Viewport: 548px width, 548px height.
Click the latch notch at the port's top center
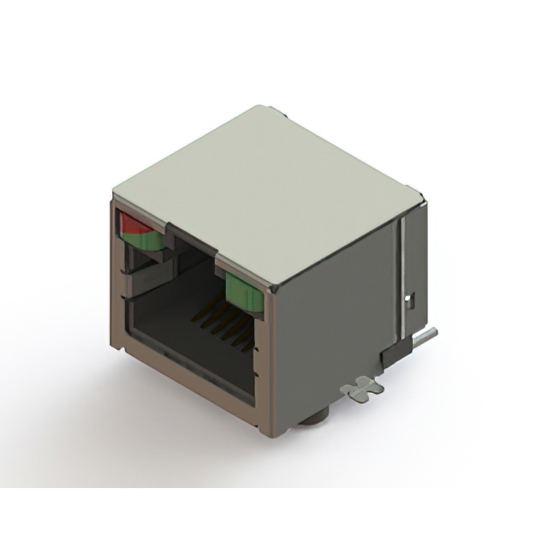(x=195, y=241)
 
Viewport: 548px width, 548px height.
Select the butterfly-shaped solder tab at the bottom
(x=361, y=387)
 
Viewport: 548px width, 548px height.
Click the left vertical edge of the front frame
(x=115, y=274)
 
